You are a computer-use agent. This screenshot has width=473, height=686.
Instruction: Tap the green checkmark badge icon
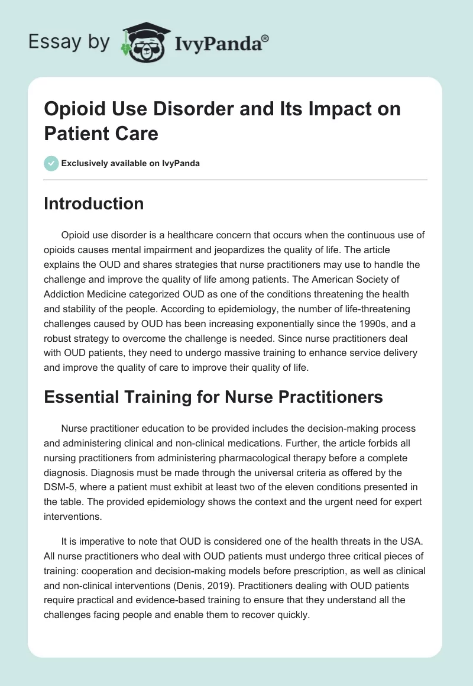click(x=51, y=163)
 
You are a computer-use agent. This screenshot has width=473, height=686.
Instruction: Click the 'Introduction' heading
click(x=94, y=203)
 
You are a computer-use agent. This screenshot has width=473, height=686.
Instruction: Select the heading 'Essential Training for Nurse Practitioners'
click(x=213, y=397)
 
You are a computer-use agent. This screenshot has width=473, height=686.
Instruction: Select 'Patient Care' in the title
click(x=101, y=133)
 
